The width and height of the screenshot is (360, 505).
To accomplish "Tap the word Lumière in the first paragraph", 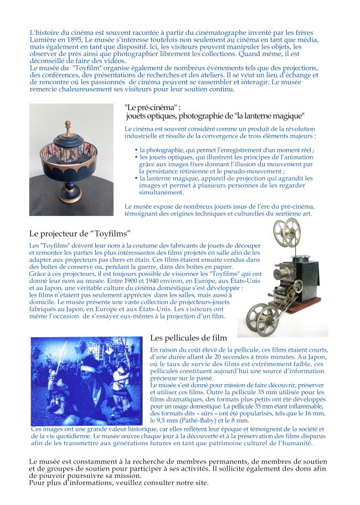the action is (x=41, y=40).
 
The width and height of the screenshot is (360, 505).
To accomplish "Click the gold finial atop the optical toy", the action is (x=68, y=126).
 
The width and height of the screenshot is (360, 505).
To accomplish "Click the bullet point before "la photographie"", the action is (x=137, y=150).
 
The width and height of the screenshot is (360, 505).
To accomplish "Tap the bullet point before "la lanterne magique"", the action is (x=137, y=178).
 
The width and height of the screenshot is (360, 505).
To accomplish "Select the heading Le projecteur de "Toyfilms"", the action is (x=80, y=234).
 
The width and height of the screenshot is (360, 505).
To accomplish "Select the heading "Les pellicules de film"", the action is (x=189, y=338).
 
